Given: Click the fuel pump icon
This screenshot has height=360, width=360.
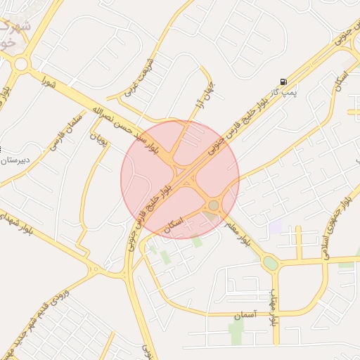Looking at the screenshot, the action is click(x=283, y=82).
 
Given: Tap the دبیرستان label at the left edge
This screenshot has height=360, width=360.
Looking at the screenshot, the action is click(x=15, y=160).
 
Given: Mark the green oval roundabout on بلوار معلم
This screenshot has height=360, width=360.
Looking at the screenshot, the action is click(x=270, y=263).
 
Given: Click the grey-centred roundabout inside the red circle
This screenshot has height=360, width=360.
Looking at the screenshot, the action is click(x=213, y=205).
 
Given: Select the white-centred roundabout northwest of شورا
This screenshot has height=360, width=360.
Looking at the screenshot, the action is click(x=20, y=64).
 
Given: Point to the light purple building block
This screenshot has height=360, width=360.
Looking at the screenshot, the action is click(x=276, y=226).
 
